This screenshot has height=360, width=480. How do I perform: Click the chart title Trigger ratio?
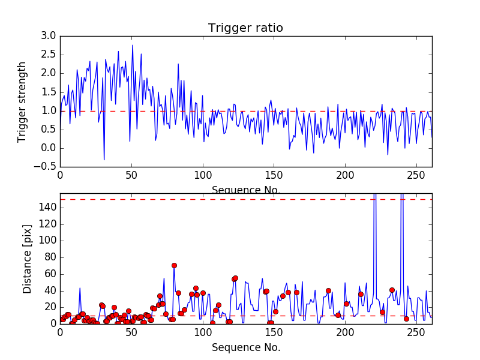coord(245,28)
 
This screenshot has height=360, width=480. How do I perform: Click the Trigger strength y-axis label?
coord(22,101)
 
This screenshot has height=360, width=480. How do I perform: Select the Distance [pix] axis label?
coord(27,259)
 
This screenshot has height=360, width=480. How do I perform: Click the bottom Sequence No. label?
coord(246,347)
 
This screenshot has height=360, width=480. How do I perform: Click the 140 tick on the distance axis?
coord(48,208)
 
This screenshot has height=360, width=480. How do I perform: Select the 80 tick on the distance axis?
coord(50,257)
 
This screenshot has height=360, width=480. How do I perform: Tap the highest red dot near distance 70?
coord(174,265)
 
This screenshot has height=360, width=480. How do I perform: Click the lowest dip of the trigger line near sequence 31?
coord(104,160)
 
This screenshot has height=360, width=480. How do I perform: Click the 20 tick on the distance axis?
coord(50,307)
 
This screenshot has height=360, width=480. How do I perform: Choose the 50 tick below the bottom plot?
coord(131,333)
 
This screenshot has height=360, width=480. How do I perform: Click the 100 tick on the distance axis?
coord(48,241)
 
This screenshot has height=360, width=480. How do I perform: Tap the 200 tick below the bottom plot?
coord(345,333)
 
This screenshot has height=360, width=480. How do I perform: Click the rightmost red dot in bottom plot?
coord(406,319)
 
